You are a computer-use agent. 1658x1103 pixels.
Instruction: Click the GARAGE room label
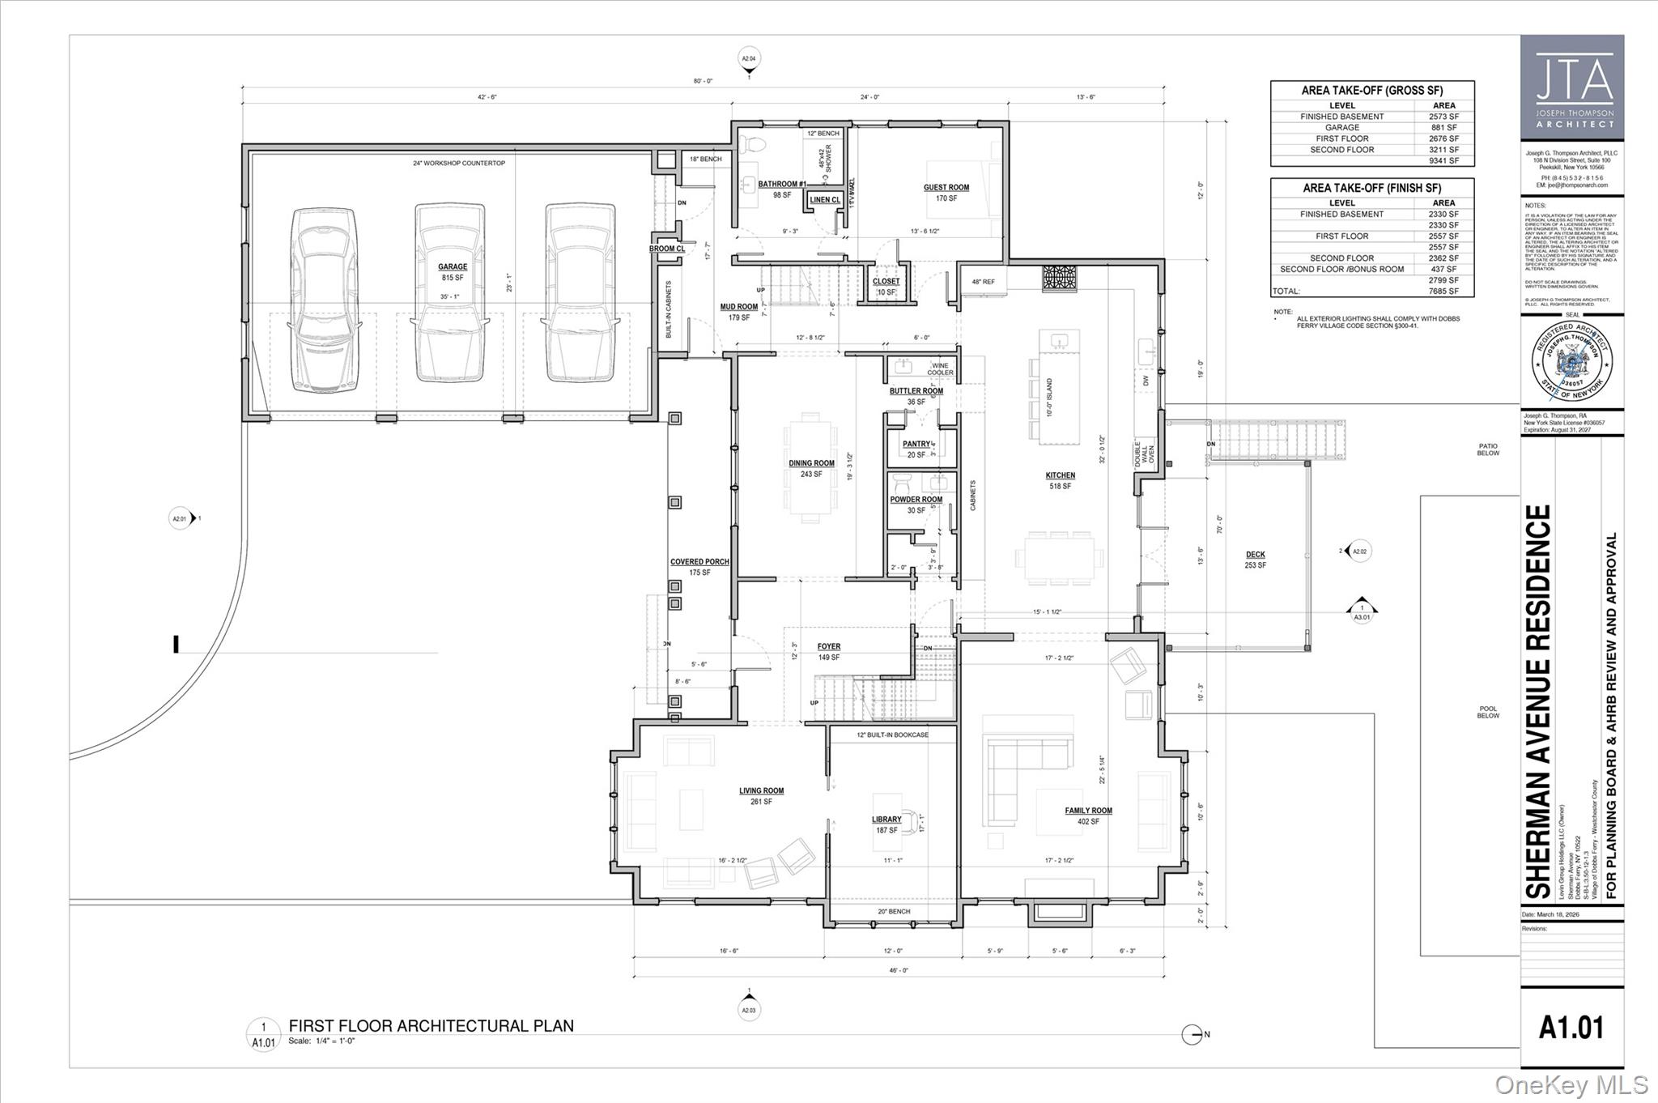[453, 267]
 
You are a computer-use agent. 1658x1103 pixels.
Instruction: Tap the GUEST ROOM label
[946, 188]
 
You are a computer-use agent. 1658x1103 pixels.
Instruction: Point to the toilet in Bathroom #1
[755, 145]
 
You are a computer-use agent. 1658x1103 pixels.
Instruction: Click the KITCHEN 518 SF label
[1060, 480]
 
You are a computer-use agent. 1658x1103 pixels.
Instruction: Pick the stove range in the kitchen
[1060, 278]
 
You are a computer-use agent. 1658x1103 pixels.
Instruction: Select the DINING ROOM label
[811, 464]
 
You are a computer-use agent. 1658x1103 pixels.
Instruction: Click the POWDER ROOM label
[916, 500]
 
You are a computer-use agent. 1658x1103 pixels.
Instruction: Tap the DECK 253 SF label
[1255, 560]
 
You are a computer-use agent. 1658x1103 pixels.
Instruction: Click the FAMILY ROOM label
[1088, 811]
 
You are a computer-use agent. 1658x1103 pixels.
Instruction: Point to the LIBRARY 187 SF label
[886, 824]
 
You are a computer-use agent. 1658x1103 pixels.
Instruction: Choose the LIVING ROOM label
[761, 791]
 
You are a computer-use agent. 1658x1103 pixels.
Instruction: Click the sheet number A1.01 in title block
[1571, 1027]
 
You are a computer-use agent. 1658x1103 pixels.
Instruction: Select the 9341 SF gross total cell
[1443, 160]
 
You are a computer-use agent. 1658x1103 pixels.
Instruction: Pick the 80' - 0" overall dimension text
[703, 81]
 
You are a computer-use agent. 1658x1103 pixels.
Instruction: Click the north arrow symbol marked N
[1192, 1034]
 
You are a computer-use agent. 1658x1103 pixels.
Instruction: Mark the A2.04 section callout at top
[749, 58]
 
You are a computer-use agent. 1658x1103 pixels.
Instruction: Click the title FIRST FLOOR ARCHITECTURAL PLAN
[431, 1026]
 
